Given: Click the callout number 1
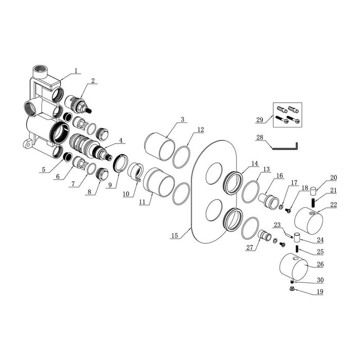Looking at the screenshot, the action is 76,70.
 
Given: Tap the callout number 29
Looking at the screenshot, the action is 260,120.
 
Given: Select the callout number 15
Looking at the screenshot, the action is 175,236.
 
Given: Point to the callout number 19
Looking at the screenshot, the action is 320,292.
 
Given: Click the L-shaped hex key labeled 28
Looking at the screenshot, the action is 285,146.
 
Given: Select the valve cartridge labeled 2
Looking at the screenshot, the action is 78,104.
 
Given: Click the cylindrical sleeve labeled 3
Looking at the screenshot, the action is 159,147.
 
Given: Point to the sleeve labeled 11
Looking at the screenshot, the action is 159,183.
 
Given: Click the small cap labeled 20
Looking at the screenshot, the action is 313,191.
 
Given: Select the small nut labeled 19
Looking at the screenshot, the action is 293,289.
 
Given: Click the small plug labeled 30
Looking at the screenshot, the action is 292,282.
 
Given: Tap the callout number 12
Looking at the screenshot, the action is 201,130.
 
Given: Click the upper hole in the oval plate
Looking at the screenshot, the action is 214,174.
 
